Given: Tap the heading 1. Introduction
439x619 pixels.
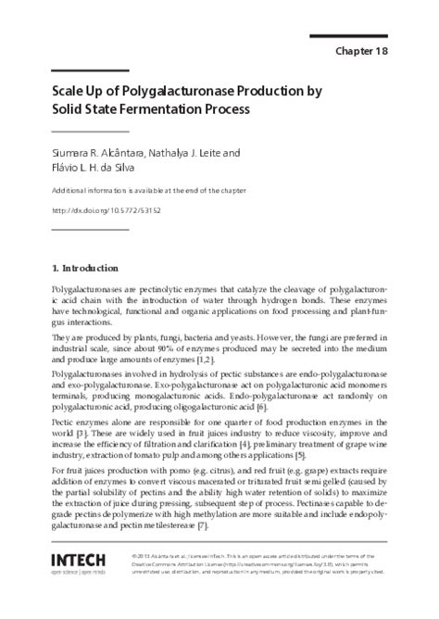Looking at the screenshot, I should point(84,269).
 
